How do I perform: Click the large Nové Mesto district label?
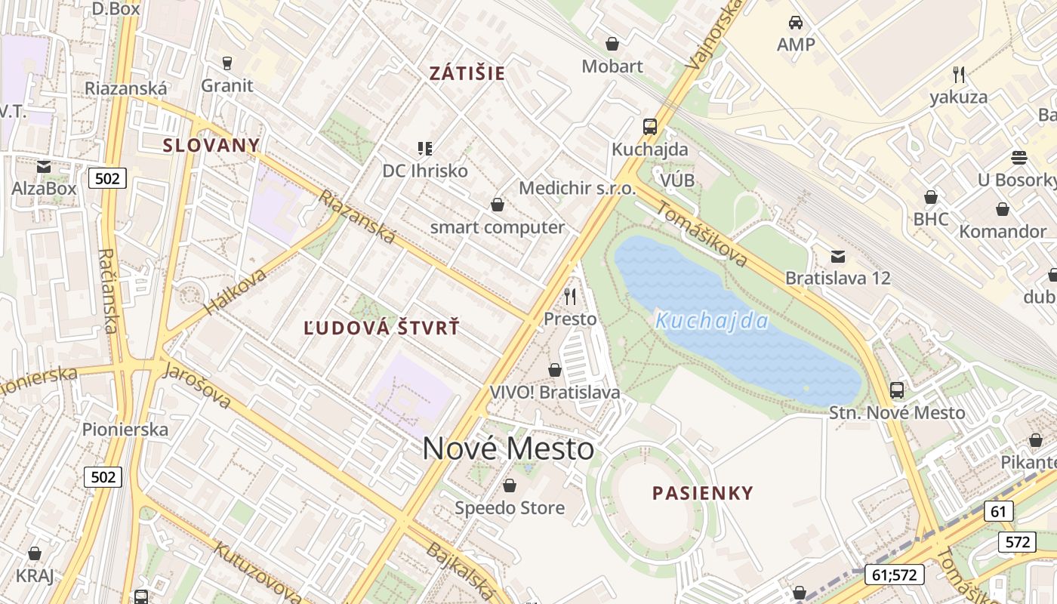pyautogui.click(x=508, y=449)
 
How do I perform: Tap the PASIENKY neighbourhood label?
pyautogui.click(x=703, y=494)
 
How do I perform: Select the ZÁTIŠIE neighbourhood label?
pyautogui.click(x=467, y=74)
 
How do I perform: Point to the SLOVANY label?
pyautogui.click(x=211, y=146)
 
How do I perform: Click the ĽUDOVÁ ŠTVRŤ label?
pyautogui.click(x=381, y=328)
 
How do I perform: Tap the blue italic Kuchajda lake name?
pyautogui.click(x=712, y=322)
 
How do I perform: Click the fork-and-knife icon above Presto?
pyautogui.click(x=570, y=296)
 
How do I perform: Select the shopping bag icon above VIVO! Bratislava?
pyautogui.click(x=555, y=370)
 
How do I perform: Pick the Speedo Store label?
pyautogui.click(x=510, y=508)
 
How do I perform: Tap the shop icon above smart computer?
pyautogui.click(x=498, y=205)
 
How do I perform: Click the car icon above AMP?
pyautogui.click(x=796, y=23)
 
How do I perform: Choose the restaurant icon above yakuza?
pyautogui.click(x=959, y=74)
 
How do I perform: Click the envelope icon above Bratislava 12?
pyautogui.click(x=838, y=256)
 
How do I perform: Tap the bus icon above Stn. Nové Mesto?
pyautogui.click(x=897, y=390)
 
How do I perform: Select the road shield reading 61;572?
pyautogui.click(x=895, y=575)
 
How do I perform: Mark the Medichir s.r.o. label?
pyautogui.click(x=578, y=188)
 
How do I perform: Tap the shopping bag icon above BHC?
pyautogui.click(x=931, y=197)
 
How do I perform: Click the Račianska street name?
pyautogui.click(x=109, y=291)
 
